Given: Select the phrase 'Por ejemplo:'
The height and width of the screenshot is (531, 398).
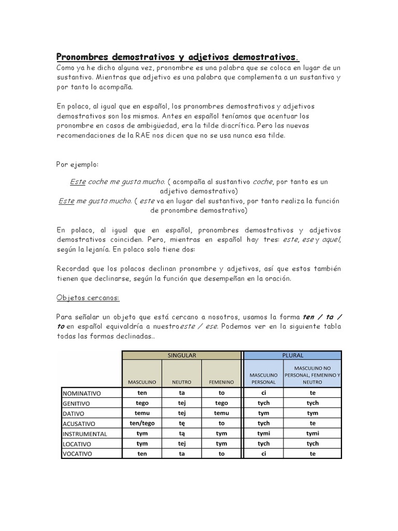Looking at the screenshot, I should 77,164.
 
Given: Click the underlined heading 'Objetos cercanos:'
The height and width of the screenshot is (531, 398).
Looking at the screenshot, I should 88,298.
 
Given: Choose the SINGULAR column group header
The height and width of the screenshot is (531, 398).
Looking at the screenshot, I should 181,356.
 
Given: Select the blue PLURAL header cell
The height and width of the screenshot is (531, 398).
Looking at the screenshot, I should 293,356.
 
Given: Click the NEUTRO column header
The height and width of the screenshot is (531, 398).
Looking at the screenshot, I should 181,382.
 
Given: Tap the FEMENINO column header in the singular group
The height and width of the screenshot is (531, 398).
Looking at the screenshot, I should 221,382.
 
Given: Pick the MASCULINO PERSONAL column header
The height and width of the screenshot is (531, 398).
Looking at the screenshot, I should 263,378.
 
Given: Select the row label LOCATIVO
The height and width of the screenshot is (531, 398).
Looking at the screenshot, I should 78,444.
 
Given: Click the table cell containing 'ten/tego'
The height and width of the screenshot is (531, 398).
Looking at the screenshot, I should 142,424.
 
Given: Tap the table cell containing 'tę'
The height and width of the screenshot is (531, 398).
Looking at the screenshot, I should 181,424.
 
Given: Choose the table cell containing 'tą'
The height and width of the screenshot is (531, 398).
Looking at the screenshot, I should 181,434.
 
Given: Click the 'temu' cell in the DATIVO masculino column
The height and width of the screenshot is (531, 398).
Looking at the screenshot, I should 142,413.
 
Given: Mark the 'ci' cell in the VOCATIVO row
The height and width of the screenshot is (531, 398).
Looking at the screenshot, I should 263,454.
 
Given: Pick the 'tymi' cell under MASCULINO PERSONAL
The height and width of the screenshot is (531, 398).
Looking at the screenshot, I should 263,434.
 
